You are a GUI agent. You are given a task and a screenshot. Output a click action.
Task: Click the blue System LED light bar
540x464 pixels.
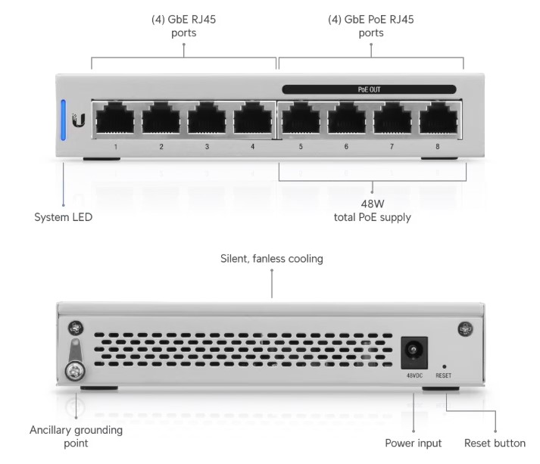click(x=64, y=120)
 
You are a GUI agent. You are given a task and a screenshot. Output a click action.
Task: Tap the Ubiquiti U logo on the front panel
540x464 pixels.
click(x=79, y=120)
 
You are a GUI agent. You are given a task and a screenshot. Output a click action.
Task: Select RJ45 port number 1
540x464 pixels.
click(x=115, y=118)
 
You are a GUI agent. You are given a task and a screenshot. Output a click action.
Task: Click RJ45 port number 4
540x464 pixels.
click(x=253, y=118)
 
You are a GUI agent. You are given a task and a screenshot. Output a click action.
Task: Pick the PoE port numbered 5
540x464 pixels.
click(x=301, y=118)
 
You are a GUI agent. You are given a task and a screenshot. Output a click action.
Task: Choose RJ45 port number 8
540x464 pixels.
click(x=439, y=118)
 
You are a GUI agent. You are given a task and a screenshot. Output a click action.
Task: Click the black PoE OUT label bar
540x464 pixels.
click(x=369, y=89)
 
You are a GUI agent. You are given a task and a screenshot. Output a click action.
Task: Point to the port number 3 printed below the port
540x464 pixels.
click(x=207, y=147)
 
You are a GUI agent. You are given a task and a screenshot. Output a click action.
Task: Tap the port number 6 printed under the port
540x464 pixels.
click(x=346, y=147)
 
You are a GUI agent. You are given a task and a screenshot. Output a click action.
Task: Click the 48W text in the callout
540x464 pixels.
click(x=373, y=204)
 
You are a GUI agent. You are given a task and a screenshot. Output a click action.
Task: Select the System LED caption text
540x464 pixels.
click(x=64, y=217)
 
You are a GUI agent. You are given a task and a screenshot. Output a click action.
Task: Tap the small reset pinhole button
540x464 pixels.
click(x=444, y=367)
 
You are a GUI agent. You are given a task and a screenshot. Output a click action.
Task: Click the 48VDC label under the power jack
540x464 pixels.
click(x=414, y=375)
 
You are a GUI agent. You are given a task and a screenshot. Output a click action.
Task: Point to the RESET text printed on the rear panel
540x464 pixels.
click(x=444, y=375)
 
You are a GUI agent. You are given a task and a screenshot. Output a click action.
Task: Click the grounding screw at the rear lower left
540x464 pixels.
click(x=76, y=371)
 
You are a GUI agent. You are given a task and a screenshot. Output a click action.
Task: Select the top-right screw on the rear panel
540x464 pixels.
click(x=465, y=329)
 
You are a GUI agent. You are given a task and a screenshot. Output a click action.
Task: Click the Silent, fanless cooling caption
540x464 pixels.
click(x=272, y=259)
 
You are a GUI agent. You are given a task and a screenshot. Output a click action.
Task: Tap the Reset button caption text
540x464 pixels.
click(x=495, y=443)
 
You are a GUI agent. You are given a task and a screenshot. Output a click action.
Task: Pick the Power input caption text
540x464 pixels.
click(x=414, y=444)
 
